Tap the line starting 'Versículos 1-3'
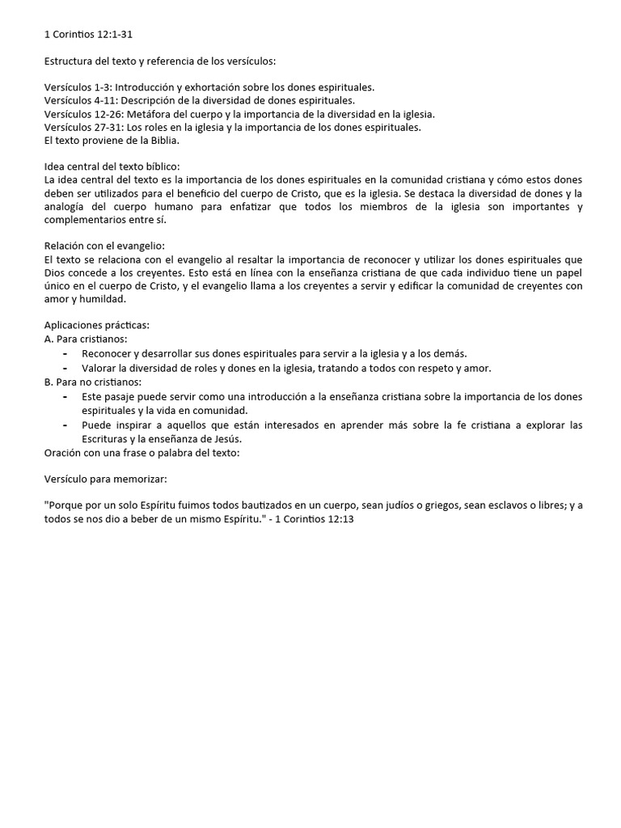209,87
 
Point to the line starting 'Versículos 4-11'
199,100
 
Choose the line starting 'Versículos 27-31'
232,127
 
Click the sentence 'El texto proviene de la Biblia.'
112,140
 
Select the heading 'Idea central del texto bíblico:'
112,167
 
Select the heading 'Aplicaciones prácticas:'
97,325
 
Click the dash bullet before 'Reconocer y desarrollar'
65,353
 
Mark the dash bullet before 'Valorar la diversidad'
65,368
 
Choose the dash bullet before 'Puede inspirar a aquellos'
65,425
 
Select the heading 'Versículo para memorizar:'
105,479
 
